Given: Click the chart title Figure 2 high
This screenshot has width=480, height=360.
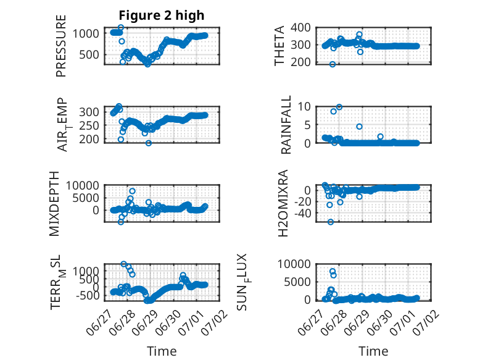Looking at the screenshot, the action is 161,15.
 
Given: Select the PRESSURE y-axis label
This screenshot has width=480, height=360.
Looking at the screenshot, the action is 61,46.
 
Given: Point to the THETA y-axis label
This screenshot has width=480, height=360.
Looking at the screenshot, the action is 279,46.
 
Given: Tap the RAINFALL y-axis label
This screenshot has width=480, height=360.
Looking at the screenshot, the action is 286,125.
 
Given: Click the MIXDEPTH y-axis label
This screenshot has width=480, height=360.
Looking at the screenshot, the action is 54,204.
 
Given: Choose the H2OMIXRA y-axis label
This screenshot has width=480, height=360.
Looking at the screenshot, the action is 283,203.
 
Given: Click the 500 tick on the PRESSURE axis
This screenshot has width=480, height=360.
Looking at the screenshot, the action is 89,55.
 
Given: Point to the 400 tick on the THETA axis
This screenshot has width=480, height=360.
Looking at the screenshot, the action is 300,28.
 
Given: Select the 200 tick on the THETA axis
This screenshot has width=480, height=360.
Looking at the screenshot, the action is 300,62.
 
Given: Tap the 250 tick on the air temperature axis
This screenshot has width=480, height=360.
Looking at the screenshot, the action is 89,125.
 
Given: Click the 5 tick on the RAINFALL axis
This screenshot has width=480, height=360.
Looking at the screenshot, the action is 308,125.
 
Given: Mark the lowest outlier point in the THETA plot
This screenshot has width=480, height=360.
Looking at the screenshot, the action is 333,64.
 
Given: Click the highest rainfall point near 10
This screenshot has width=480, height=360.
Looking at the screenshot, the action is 339,107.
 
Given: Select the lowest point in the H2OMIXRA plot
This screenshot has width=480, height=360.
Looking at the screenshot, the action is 330,222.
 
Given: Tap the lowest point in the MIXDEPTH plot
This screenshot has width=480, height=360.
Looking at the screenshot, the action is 121,222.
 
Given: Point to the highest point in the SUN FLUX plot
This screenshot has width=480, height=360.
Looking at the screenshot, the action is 333,272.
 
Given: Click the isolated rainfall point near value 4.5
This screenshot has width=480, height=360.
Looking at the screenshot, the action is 360,127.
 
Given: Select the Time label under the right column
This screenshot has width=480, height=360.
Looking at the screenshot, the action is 373,351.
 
